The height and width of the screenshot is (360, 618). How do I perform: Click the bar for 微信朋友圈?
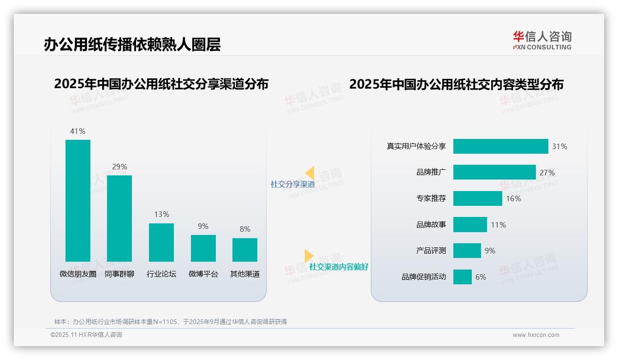click(x=78, y=200)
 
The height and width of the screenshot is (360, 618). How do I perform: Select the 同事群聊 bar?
click(x=119, y=218)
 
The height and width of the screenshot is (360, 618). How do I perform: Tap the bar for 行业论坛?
click(x=161, y=242)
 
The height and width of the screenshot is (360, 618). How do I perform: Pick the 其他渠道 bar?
click(x=245, y=250)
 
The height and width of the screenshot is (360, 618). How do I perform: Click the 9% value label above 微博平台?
click(x=203, y=226)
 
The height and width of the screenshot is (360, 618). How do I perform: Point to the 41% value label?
click(x=77, y=131)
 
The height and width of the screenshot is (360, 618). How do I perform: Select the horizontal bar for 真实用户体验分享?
click(x=500, y=146)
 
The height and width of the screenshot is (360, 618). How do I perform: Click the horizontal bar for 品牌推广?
click(x=494, y=172)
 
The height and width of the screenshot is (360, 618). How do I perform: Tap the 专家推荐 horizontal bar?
click(x=477, y=198)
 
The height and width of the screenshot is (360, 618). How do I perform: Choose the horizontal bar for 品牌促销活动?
click(x=462, y=277)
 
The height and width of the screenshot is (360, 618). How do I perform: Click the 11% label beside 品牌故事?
click(x=498, y=225)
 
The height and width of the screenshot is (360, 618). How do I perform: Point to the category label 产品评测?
click(x=431, y=251)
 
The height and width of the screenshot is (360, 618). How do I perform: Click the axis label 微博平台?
click(x=203, y=274)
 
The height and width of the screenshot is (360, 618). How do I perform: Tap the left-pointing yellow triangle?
click(x=309, y=173)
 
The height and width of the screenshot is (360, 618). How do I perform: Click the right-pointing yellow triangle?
click(x=309, y=256)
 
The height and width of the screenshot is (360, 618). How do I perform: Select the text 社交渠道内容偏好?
click(x=339, y=267)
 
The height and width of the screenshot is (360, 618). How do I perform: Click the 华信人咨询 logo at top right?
click(x=542, y=40)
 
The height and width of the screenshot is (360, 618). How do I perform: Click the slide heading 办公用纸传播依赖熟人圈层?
click(x=132, y=44)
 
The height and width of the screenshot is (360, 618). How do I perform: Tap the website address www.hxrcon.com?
click(x=536, y=335)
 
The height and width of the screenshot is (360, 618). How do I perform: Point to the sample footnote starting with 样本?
click(x=171, y=322)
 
